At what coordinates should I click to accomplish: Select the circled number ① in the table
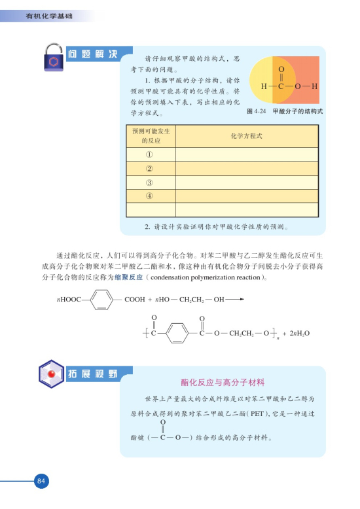pos(149,155)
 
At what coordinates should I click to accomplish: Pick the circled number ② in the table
pos(149,169)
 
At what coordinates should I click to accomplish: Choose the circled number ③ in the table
pos(149,183)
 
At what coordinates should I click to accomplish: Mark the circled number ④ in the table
pos(149,196)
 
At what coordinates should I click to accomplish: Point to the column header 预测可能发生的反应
pos(149,136)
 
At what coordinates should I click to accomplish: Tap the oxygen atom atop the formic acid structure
pos(281,69)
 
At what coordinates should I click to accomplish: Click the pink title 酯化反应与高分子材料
pos(223,382)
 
